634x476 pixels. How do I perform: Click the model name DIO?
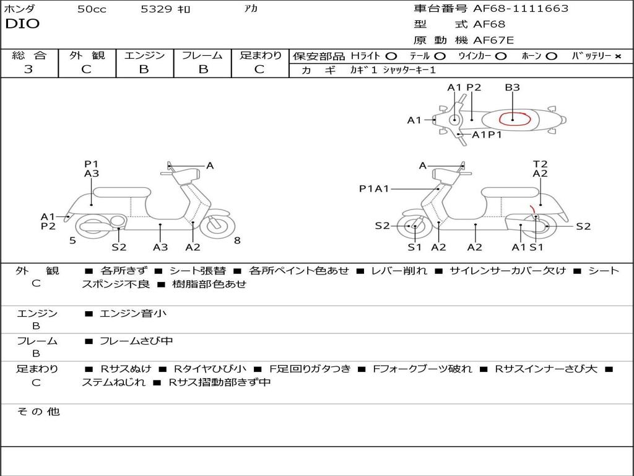click(x=22, y=24)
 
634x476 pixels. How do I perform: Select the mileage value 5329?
click(x=157, y=9)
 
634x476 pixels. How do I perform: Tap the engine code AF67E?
click(x=493, y=40)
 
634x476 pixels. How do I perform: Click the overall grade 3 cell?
click(x=28, y=69)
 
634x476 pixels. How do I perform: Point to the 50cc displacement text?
click(x=92, y=9)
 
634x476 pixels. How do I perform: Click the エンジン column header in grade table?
click(x=144, y=56)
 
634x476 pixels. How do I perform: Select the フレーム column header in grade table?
click(x=202, y=56)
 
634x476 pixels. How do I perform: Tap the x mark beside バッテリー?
click(x=617, y=56)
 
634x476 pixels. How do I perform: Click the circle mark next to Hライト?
click(x=391, y=56)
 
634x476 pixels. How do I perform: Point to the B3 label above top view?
click(x=512, y=87)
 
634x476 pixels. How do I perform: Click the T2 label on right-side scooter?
click(x=540, y=164)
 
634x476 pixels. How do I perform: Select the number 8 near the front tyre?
click(x=237, y=240)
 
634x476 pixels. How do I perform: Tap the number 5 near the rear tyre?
click(x=72, y=240)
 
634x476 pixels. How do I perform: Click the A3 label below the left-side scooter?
click(x=160, y=247)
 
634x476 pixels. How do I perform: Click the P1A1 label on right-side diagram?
click(x=374, y=189)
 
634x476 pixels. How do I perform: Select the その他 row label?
click(x=38, y=412)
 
